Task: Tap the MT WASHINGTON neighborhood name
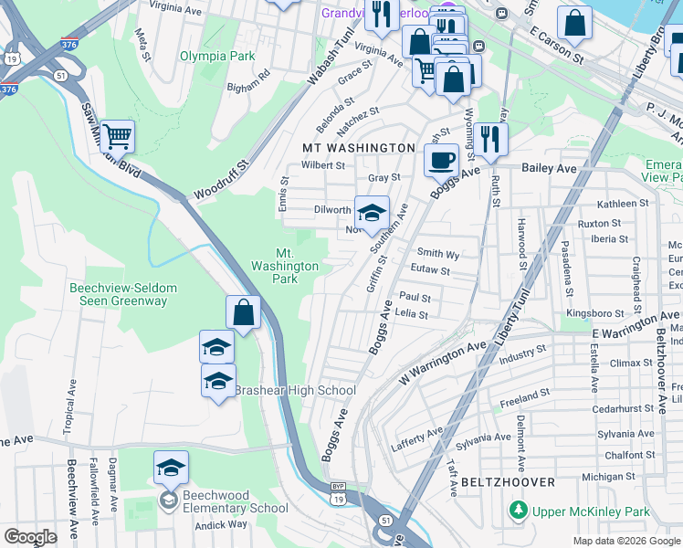point(359,147)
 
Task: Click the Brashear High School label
point(295,391)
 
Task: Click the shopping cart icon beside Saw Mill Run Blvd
point(118,137)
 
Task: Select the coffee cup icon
point(441,161)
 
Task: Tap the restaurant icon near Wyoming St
point(491,139)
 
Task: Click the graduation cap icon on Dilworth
point(372,214)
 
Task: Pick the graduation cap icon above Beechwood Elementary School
point(171,468)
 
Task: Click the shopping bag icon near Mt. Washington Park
point(244,312)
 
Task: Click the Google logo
point(30,537)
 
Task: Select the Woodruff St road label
point(221,183)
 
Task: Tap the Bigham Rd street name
point(249,80)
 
